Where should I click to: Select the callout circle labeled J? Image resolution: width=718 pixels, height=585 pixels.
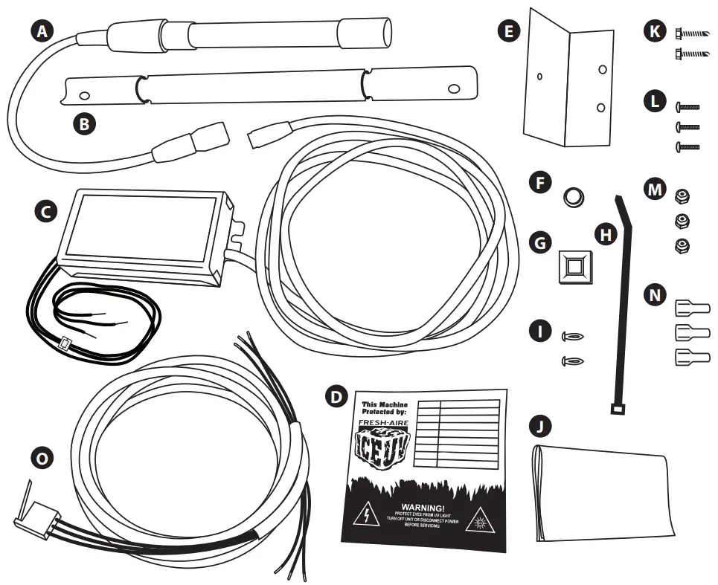point(541,425)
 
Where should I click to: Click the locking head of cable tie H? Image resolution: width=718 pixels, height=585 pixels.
point(616,408)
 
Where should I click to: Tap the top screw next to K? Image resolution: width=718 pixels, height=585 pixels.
point(692,33)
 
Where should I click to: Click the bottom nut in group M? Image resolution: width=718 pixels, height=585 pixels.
point(680,246)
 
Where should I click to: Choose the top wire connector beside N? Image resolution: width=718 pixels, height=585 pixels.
point(691,307)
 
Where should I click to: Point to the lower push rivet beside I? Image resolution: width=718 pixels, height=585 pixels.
point(571,361)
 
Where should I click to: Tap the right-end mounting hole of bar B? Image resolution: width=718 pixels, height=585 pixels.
point(453,88)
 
